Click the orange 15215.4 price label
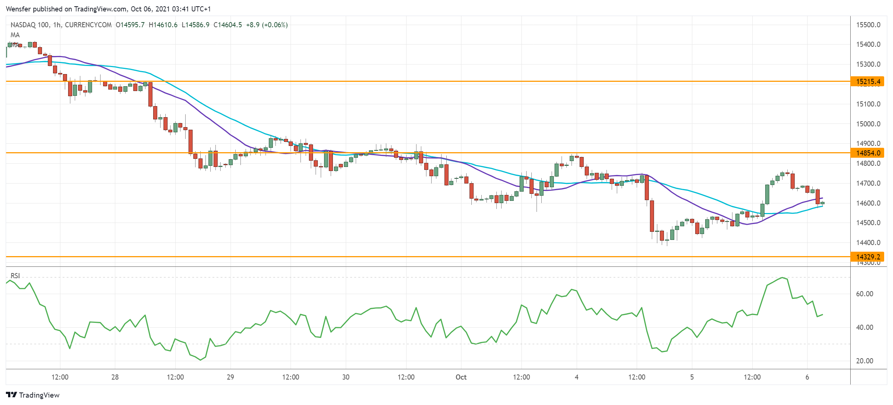click(867, 81)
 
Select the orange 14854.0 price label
click(867, 153)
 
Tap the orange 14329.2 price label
click(867, 257)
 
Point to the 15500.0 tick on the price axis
click(868, 25)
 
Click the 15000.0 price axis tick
click(868, 124)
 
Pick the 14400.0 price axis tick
click(868, 242)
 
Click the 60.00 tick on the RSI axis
click(864, 294)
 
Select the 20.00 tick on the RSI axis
click(864, 361)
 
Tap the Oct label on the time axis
click(461, 377)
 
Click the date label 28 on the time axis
click(115, 377)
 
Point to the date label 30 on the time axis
click(345, 377)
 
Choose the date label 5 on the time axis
click(692, 377)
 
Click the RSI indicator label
click(15, 276)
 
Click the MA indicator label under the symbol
click(15, 35)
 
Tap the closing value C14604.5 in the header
click(228, 25)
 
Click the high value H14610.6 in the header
click(163, 25)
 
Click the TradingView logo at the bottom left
click(33, 395)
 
